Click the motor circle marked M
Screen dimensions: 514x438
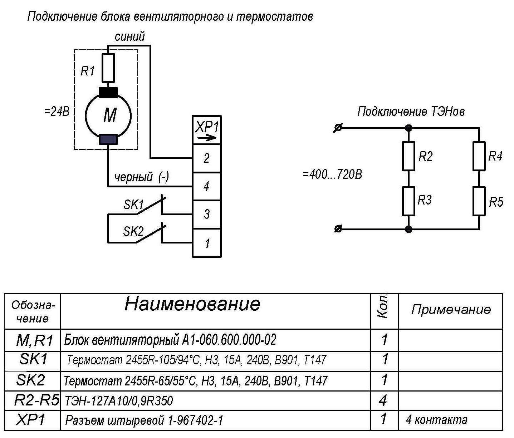[x=85, y=115]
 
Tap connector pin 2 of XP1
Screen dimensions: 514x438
[x=206, y=158]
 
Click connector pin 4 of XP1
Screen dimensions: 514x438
[x=206, y=186]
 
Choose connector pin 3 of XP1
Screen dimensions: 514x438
[x=206, y=214]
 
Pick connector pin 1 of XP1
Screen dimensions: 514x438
[x=206, y=243]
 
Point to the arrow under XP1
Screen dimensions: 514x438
[x=207, y=138]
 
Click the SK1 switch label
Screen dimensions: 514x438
[x=133, y=205]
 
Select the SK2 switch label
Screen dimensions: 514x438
[x=133, y=231]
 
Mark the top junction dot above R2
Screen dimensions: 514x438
[x=408, y=128]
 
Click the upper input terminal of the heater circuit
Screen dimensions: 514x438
[x=338, y=128]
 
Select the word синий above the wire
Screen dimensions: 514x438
[x=129, y=36]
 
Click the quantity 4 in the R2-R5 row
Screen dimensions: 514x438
[x=383, y=400]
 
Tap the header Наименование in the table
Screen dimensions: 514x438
[x=192, y=304]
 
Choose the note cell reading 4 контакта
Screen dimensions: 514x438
[x=436, y=420]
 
